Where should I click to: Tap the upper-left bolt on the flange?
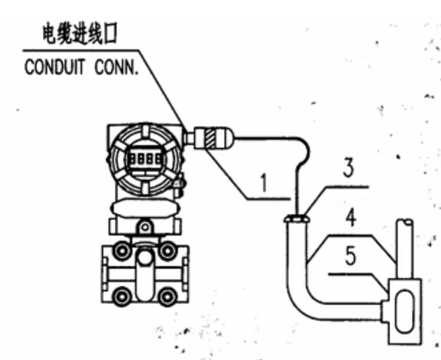121,251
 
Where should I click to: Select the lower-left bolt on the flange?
121,293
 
